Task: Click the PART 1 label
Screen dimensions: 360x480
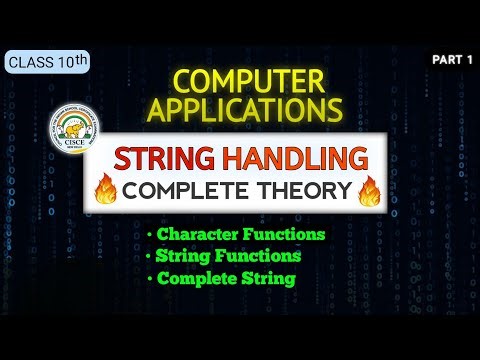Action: click(x=452, y=61)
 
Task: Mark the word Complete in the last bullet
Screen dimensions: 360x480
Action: click(x=193, y=278)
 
